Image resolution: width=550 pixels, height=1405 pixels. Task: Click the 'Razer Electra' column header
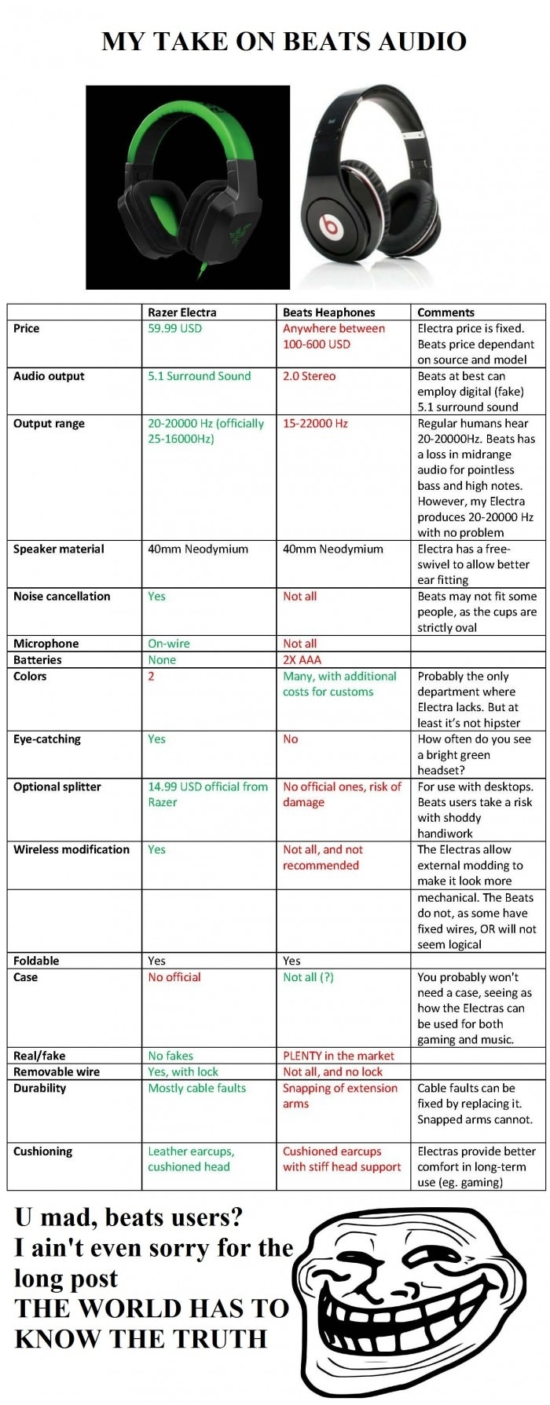coord(181,312)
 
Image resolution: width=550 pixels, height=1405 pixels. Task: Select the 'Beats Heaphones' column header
coord(328,312)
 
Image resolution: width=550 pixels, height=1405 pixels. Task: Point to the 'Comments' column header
coord(445,312)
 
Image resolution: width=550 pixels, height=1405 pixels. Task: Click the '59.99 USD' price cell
coord(174,328)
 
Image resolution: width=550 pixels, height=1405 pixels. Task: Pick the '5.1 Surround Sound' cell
coord(199,376)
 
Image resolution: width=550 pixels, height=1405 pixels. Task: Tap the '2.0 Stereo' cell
coord(309,376)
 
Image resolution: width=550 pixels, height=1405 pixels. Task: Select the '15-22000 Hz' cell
coord(315,423)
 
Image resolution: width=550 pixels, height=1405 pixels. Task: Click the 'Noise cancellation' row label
coord(61,596)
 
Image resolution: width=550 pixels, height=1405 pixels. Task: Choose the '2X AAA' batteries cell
coord(302,659)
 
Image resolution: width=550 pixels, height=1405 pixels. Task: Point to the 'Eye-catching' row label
coord(46,739)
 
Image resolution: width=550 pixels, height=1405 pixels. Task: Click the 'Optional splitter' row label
coord(57,786)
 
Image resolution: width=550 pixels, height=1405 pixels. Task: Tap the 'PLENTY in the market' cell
coord(339,1056)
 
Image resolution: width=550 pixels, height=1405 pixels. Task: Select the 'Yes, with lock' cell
coord(183,1071)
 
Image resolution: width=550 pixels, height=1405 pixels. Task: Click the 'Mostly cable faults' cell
coord(196,1088)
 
